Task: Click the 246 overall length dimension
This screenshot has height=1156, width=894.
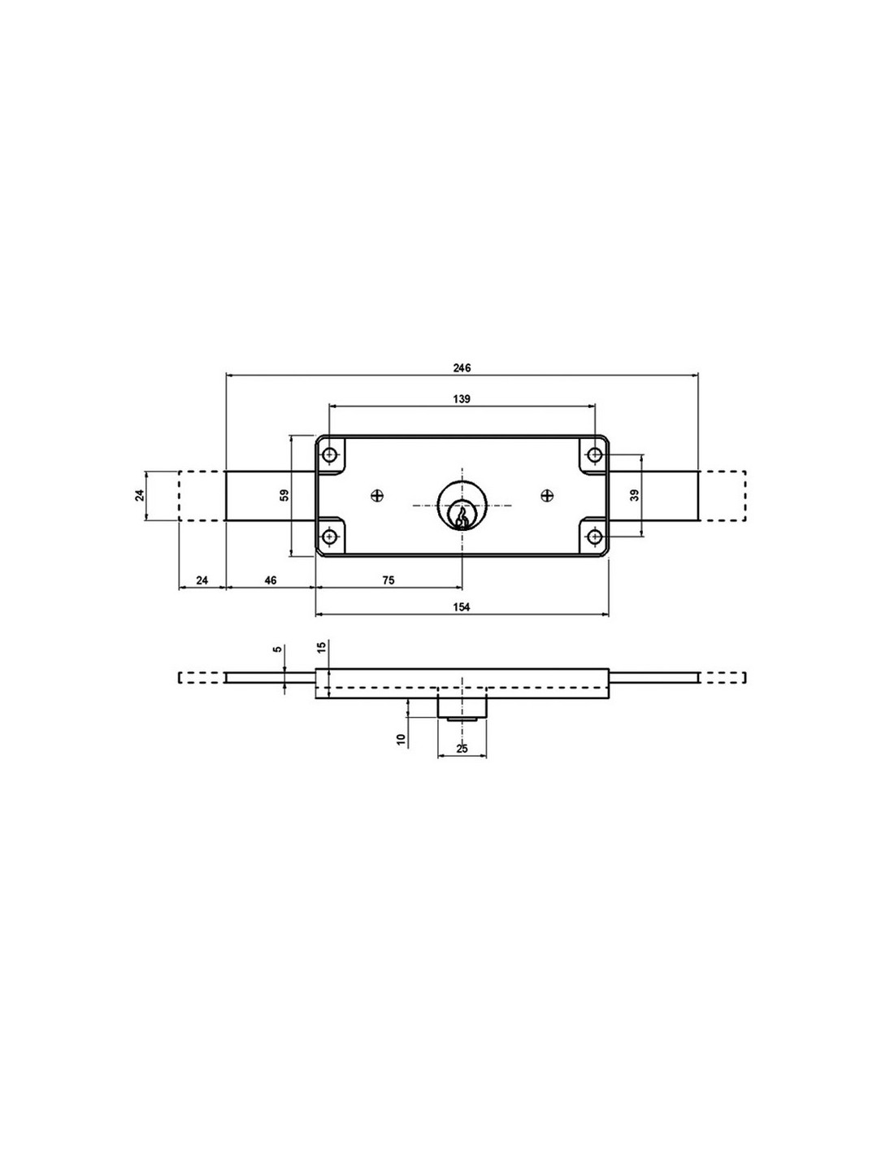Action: (462, 367)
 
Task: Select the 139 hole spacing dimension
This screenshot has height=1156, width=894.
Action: (462, 399)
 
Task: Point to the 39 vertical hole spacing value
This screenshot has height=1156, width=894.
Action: (635, 495)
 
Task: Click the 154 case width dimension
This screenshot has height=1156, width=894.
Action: (462, 607)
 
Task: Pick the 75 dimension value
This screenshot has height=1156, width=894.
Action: (388, 580)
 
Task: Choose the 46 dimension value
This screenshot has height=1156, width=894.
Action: (271, 580)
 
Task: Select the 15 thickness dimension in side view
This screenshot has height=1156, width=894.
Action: (321, 647)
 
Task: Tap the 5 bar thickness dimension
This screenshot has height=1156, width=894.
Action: (276, 649)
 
